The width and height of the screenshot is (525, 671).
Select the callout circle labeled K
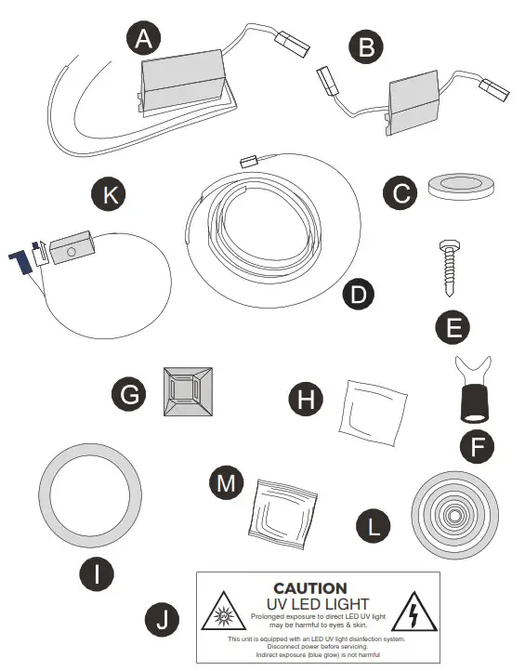(x=109, y=196)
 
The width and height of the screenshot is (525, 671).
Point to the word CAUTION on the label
(x=310, y=588)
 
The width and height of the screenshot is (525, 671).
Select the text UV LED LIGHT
(x=311, y=604)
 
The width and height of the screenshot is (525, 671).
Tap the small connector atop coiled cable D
(x=248, y=162)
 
